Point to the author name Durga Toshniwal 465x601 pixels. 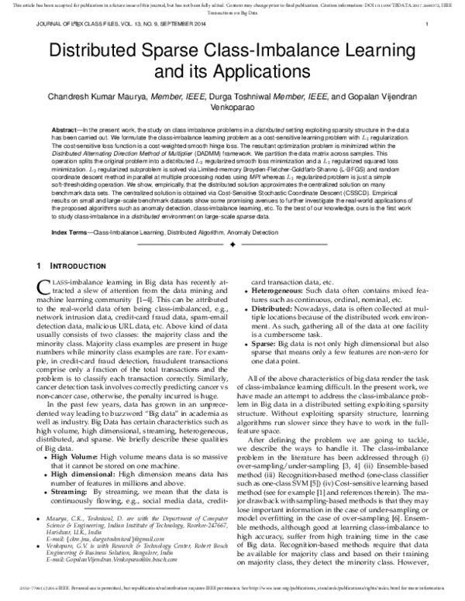pos(261,99)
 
